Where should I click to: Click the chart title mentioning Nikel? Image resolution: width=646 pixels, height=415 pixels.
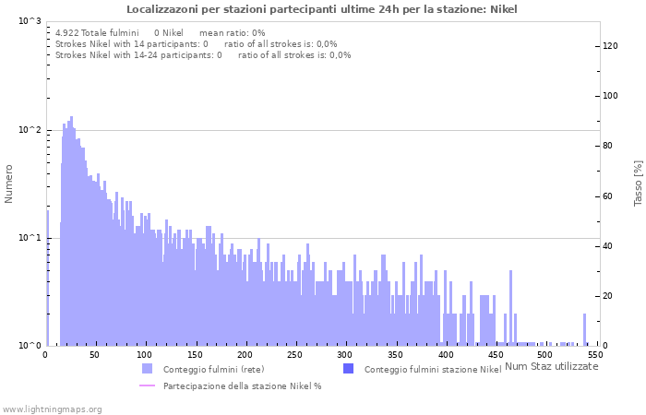pyautogui.click(x=322, y=9)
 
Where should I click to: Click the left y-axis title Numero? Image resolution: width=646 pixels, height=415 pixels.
pyautogui.click(x=9, y=184)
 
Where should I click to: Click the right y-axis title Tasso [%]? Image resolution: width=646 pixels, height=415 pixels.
pyautogui.click(x=637, y=184)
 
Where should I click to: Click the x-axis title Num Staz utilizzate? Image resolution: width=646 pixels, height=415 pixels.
pyautogui.click(x=552, y=366)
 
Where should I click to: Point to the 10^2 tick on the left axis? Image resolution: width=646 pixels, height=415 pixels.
pyautogui.click(x=30, y=130)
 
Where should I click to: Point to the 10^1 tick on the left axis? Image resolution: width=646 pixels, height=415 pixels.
pyautogui.click(x=30, y=238)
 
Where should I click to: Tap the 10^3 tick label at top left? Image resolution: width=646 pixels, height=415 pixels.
pyautogui.click(x=30, y=21)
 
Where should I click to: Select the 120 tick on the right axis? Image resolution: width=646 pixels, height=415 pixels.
pyautogui.click(x=610, y=46)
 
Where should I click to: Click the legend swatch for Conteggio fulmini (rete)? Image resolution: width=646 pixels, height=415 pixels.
pyautogui.click(x=147, y=369)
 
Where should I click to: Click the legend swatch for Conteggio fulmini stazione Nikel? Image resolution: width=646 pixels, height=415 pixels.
pyautogui.click(x=348, y=369)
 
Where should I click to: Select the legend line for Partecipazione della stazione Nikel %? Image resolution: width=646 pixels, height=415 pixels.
pyautogui.click(x=147, y=385)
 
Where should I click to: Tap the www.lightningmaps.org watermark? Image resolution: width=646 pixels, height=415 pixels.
pyautogui.click(x=52, y=409)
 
